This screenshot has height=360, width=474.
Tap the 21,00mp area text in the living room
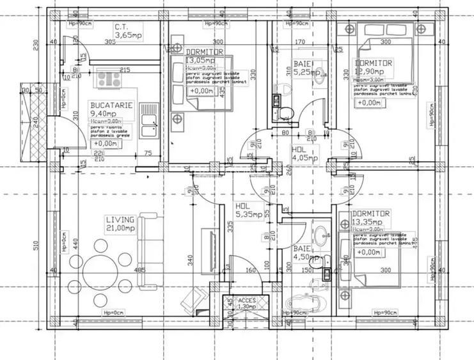coord(120,228)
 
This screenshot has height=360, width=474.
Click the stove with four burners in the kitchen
coord(109,81)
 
